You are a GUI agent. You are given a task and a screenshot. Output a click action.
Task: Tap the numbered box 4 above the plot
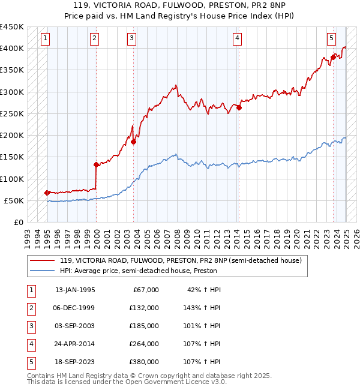(x=238, y=39)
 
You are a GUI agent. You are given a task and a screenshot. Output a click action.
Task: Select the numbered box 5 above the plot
(x=331, y=39)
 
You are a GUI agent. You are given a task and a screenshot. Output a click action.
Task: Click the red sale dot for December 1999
(x=96, y=164)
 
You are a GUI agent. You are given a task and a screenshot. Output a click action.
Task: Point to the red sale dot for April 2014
(x=239, y=108)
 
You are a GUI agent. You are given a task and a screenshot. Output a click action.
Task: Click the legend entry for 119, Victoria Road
(x=184, y=260)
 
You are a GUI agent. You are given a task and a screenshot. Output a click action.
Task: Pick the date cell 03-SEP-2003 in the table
(x=74, y=326)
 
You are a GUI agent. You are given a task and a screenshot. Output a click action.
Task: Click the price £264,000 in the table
(x=143, y=344)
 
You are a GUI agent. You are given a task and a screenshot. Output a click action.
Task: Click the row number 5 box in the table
(x=31, y=362)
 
